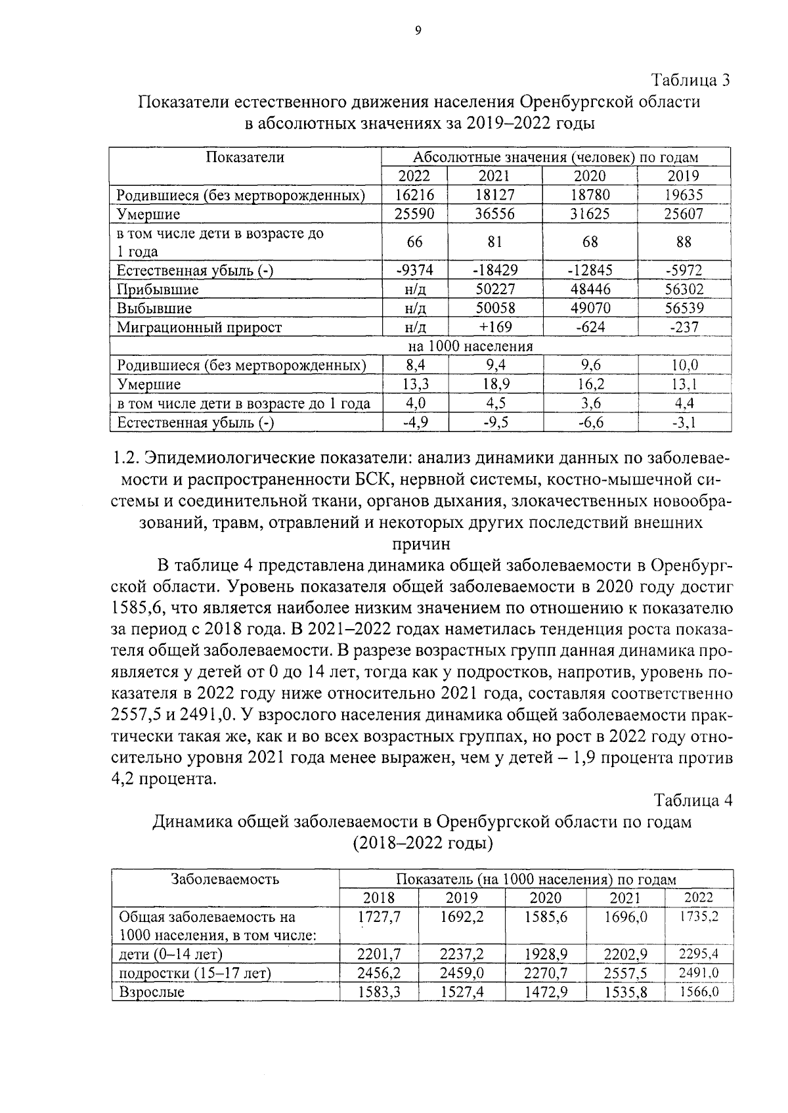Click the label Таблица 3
[x=690, y=81]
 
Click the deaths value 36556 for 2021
[x=494, y=214]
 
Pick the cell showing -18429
[x=494, y=270]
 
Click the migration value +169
[x=494, y=327]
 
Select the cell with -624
[x=590, y=327]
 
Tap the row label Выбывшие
[x=154, y=309]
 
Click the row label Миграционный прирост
[x=199, y=327]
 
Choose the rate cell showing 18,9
[x=494, y=384]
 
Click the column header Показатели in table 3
[x=245, y=157]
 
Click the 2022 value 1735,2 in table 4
[x=698, y=917]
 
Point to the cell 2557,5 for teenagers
[x=625, y=973]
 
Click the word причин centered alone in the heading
[x=421, y=544]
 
